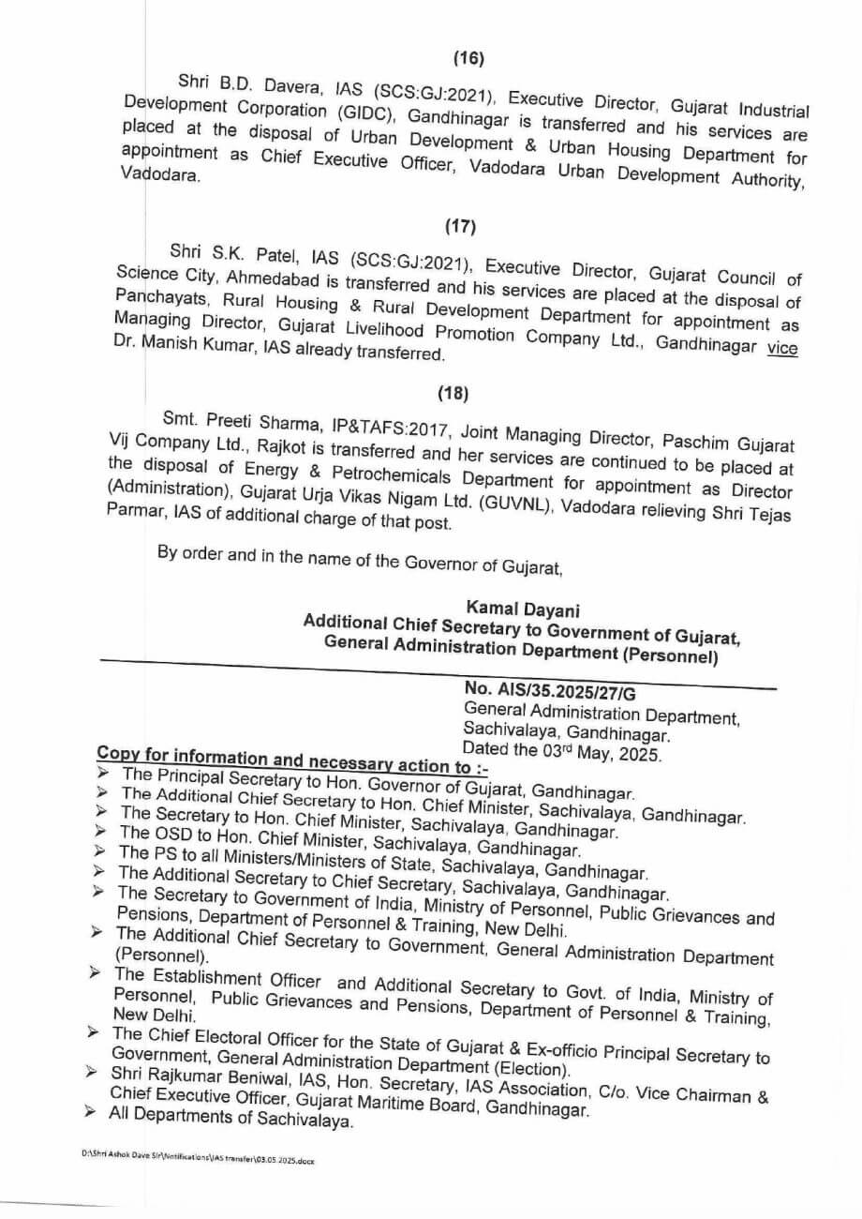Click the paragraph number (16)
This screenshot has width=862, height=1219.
(468, 59)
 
